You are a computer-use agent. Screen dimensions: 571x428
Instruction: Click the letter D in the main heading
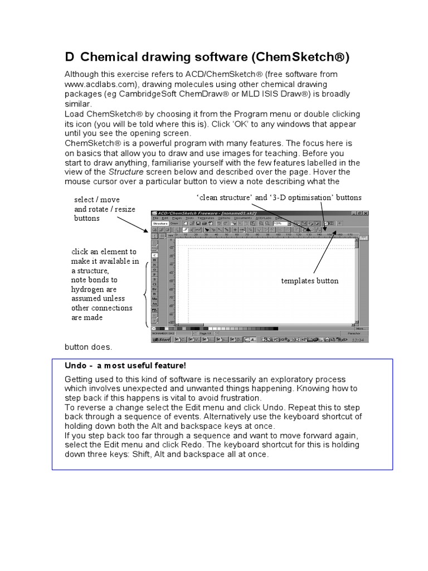pyautogui.click(x=70, y=57)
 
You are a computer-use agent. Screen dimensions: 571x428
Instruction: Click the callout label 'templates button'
pyautogui.click(x=310, y=281)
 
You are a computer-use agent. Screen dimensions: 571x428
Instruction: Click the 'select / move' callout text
pyautogui.click(x=97, y=200)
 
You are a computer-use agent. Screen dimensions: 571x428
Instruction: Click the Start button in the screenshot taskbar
pyautogui.click(x=162, y=339)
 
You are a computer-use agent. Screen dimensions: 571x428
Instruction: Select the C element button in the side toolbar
pyautogui.click(x=154, y=255)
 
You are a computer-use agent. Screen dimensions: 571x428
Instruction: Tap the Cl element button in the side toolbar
pyautogui.click(x=154, y=283)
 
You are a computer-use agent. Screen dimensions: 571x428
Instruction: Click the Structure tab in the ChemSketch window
pyautogui.click(x=160, y=223)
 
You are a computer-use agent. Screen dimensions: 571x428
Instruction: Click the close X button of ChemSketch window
pyautogui.click(x=366, y=213)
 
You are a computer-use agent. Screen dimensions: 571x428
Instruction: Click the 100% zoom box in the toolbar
pyautogui.click(x=280, y=223)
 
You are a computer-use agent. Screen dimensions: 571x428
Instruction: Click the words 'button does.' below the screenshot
pyautogui.click(x=88, y=347)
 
